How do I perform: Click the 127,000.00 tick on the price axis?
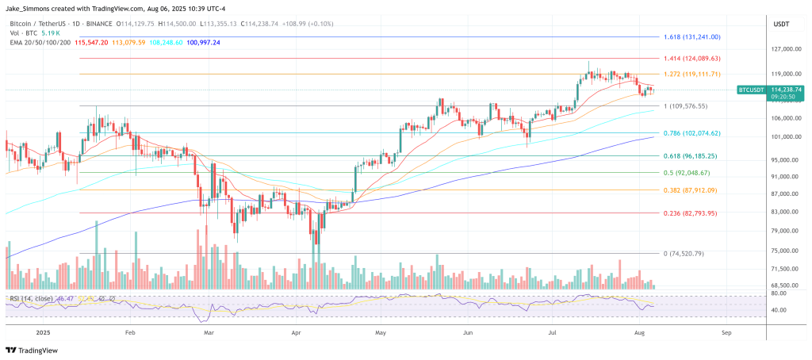pos(783,50)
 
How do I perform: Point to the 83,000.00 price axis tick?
pos(783,213)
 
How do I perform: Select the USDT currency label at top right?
pos(781,25)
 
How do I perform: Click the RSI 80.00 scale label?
pos(779,293)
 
